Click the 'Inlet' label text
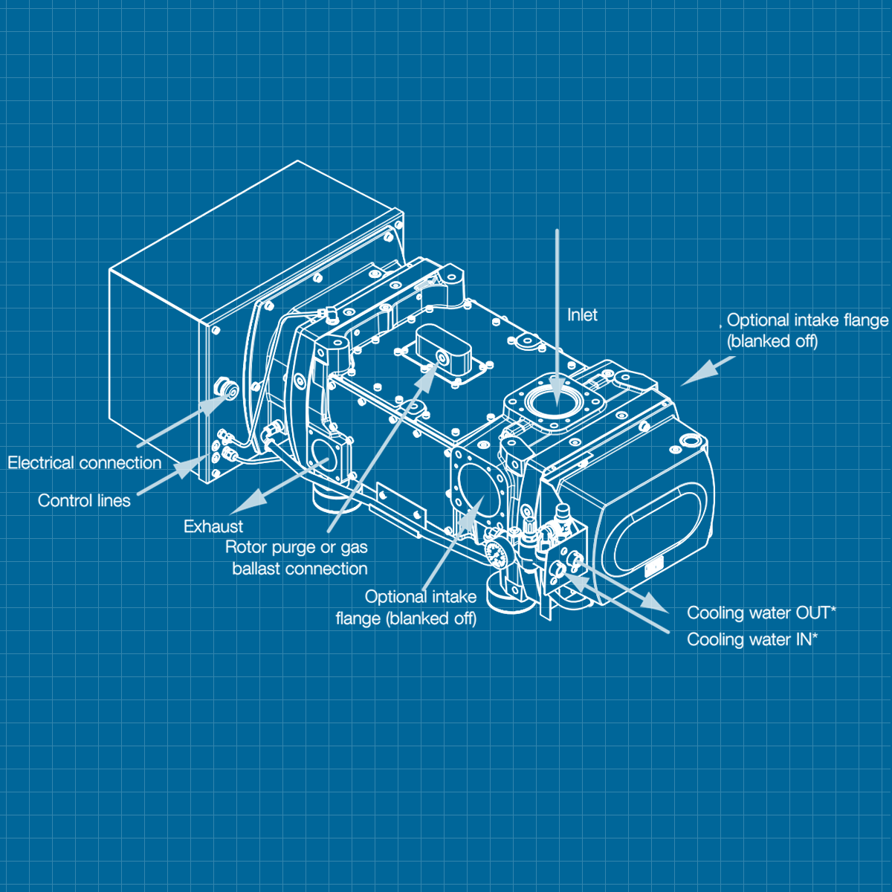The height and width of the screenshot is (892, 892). click(x=582, y=315)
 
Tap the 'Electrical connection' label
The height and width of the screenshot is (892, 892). click(x=84, y=463)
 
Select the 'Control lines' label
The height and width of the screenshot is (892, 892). click(x=84, y=501)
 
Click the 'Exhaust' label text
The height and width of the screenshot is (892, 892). click(x=213, y=526)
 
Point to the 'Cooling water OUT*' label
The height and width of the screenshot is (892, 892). click(x=761, y=613)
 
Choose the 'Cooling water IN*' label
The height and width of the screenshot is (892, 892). click(x=752, y=639)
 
